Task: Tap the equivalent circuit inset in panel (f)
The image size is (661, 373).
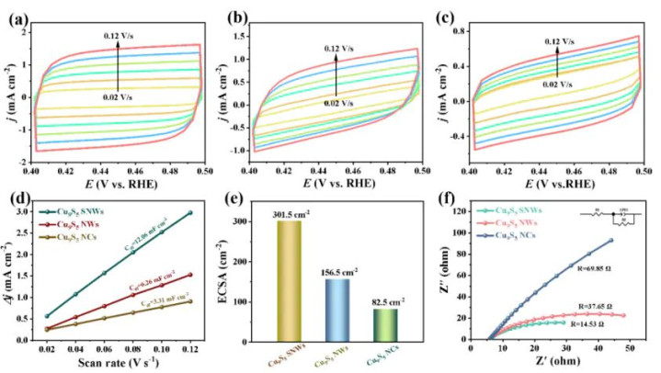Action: click(607, 220)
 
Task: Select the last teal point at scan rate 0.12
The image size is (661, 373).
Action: click(189, 213)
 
